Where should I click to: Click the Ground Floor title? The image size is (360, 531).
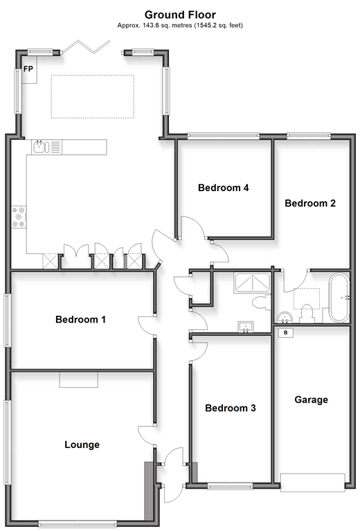(180, 15)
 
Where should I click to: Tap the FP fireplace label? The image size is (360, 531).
(28, 69)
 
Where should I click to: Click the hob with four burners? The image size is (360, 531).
(19, 217)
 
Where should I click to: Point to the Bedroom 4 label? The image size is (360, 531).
(224, 188)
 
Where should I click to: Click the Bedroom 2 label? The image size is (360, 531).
(310, 203)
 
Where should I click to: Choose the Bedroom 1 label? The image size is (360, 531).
(80, 319)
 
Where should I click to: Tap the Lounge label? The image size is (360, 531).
(82, 444)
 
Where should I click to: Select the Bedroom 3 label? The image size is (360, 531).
(231, 408)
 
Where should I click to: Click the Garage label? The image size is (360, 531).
(312, 400)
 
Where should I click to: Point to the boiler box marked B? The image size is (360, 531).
(286, 332)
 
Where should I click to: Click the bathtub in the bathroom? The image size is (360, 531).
(339, 298)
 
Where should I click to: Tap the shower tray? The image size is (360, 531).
(253, 282)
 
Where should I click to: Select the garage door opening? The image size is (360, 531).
(313, 483)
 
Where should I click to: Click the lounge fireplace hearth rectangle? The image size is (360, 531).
(79, 379)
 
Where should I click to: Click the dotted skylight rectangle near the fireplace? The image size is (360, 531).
(93, 96)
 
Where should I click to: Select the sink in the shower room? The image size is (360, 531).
(246, 327)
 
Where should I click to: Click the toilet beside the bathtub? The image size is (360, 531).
(307, 313)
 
